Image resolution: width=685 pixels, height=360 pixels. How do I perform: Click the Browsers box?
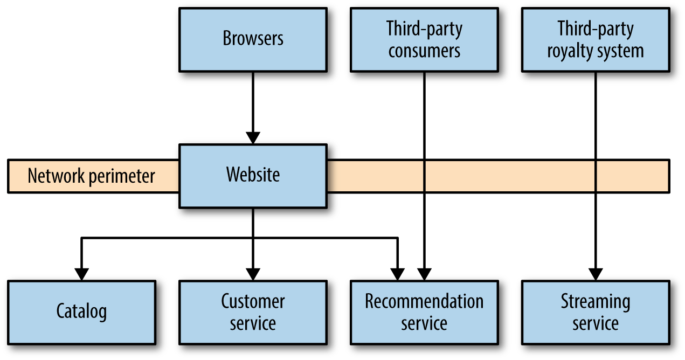(253, 39)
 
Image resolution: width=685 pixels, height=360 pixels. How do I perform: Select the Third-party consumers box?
(424, 39)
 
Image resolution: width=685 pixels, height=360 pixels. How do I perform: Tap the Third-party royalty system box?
(596, 39)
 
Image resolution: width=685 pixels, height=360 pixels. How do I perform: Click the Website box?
(253, 176)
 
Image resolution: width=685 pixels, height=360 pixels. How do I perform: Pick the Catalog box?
(81, 312)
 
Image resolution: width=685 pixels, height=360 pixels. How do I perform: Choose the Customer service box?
(253, 312)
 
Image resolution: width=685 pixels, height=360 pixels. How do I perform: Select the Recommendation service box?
(424, 312)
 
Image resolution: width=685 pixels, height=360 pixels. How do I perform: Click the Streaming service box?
(596, 312)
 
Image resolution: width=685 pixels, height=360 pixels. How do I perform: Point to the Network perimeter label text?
(91, 176)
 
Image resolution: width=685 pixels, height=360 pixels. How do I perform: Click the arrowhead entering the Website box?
(253, 137)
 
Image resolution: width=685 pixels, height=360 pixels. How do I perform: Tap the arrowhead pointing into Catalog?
(81, 274)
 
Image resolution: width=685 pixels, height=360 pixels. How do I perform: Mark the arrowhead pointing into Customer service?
(253, 274)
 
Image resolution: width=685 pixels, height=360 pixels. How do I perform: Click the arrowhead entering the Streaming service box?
(596, 274)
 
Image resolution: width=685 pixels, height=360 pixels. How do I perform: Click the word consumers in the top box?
(424, 51)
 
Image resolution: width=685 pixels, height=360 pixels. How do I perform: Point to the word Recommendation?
(424, 301)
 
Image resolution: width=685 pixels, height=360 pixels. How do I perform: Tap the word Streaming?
(596, 301)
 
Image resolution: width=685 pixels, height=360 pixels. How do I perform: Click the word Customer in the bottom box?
(253, 301)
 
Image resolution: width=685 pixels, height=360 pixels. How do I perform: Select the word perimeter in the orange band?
(122, 176)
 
